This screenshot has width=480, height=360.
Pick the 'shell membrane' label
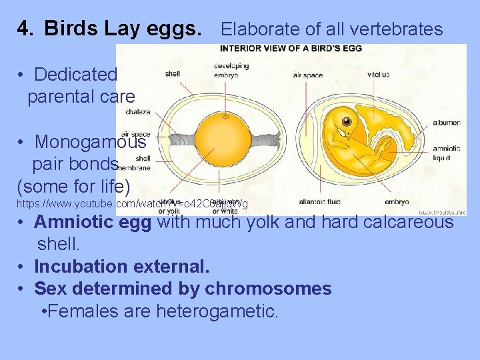tap(143, 163)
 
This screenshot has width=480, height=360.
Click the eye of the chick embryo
tap(347, 121)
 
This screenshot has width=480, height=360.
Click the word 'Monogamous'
tap(90, 142)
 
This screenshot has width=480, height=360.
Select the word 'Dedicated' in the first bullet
tap(75, 74)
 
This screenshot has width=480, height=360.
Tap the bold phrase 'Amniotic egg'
tap(93, 221)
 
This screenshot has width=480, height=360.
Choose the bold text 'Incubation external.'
tap(121, 267)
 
